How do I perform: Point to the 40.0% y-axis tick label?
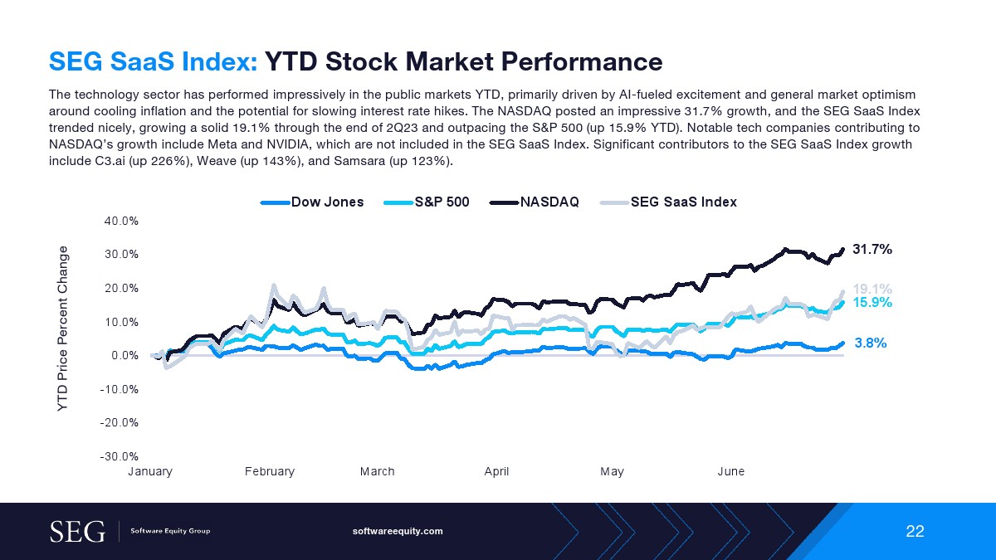coord(121,221)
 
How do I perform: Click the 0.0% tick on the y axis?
coord(124,355)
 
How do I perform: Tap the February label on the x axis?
coord(270,471)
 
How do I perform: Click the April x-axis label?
coord(496,471)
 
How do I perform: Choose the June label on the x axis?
coord(731,471)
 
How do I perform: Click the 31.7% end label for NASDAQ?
coord(871,249)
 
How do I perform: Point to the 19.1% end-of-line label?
coord(872,289)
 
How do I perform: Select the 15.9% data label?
coord(872,303)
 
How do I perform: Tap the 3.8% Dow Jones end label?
coord(871,342)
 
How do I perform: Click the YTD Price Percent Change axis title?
coord(62,330)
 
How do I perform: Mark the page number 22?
coord(915,531)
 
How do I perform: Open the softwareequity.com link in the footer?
coord(398,531)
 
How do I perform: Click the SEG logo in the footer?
coord(78,531)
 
